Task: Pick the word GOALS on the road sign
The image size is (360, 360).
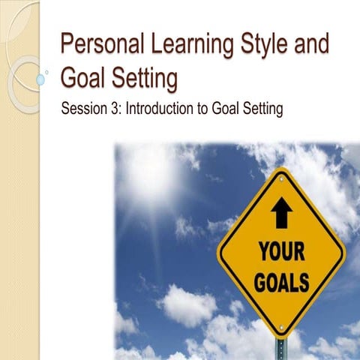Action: click(281, 284)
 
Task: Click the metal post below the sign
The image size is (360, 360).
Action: click(281, 348)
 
